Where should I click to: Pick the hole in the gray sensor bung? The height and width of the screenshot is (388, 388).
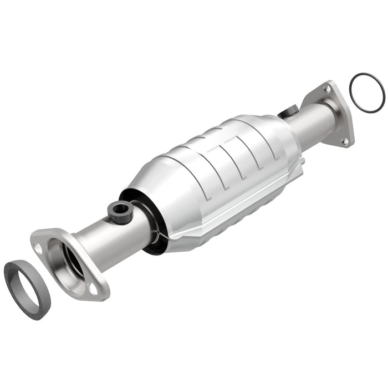click(x=119, y=209)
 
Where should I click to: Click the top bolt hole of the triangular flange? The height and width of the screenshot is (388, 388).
click(x=327, y=89)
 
